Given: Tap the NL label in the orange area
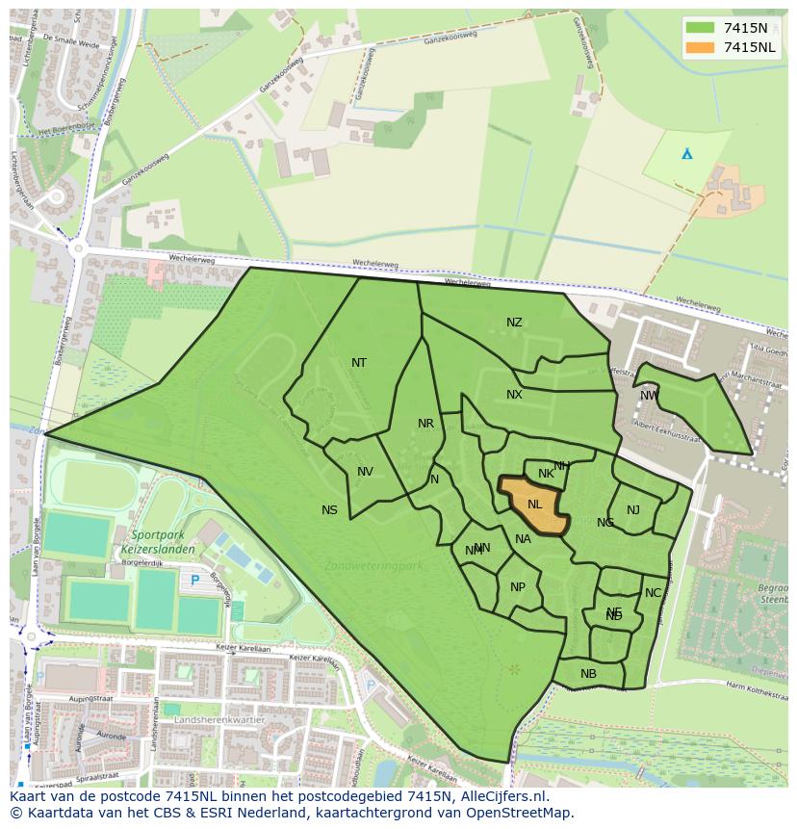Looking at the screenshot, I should (534, 504).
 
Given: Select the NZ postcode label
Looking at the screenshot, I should (514, 322).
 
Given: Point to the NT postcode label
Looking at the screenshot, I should (359, 363).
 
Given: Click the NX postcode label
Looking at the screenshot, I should (514, 395).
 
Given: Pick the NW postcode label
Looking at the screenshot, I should (649, 396).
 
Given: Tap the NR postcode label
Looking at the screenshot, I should (425, 424).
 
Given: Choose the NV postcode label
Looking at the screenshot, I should (365, 472).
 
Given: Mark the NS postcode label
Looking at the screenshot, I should (329, 510).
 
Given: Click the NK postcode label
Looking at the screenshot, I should (546, 474).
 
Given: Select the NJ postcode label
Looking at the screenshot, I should (632, 510).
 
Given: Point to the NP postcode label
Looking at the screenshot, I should (518, 587).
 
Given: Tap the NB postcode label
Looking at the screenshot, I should (588, 674).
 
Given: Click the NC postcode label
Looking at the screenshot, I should (653, 593).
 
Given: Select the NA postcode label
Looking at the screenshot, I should (523, 539).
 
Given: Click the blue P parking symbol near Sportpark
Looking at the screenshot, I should (195, 580).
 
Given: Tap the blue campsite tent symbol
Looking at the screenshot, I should (686, 153).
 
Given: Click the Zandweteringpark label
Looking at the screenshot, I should (373, 565).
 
